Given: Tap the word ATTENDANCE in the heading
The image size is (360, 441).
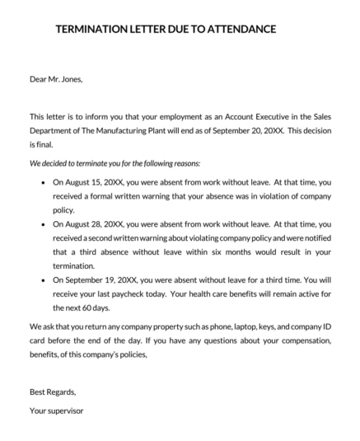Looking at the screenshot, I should [x=237, y=30].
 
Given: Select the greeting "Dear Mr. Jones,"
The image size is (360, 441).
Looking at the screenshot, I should [x=56, y=80].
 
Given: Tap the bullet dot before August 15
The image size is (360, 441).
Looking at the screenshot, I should [x=42, y=181].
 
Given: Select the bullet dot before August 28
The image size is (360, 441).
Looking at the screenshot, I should [x=42, y=223].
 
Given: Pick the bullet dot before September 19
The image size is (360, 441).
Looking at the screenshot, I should [x=42, y=280].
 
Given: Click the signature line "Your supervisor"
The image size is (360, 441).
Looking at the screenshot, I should [x=56, y=410].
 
